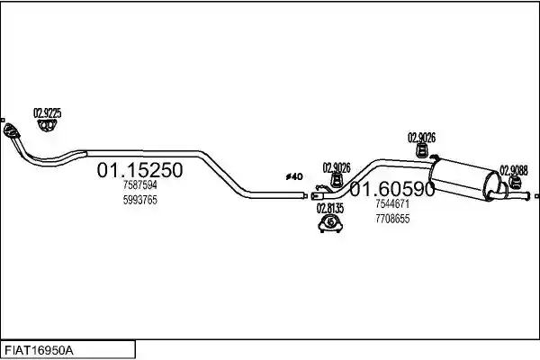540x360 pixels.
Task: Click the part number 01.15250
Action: [139, 170]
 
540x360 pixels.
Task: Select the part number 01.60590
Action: [392, 189]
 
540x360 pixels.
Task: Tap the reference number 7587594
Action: [140, 185]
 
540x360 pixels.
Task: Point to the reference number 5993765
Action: [140, 200]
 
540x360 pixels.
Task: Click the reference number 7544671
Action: [392, 204]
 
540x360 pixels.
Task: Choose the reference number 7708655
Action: [392, 219]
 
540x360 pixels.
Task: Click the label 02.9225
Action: [47, 113]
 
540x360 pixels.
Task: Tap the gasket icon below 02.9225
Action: [47, 125]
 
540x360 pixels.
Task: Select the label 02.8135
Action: [330, 208]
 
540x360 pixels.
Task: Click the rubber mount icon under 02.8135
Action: [330, 223]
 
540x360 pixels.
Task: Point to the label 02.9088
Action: [514, 170]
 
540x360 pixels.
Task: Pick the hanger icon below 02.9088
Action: [515, 183]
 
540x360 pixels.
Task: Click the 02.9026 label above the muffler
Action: [421, 138]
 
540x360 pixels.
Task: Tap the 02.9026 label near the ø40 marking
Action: [337, 168]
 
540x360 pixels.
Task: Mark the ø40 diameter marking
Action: [294, 177]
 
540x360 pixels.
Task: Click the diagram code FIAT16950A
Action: [39, 351]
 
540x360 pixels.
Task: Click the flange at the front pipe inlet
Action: [10, 130]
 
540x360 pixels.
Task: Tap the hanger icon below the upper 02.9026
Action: [421, 150]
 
